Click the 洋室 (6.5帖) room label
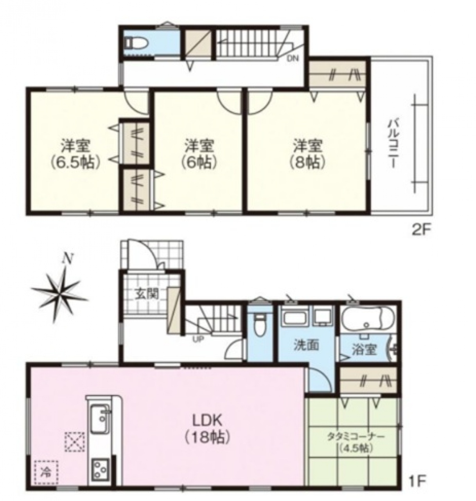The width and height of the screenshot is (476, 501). pos(75,154)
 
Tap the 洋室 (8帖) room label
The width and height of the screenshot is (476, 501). pos(308,154)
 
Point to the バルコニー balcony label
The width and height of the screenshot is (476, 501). pos(392,144)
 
